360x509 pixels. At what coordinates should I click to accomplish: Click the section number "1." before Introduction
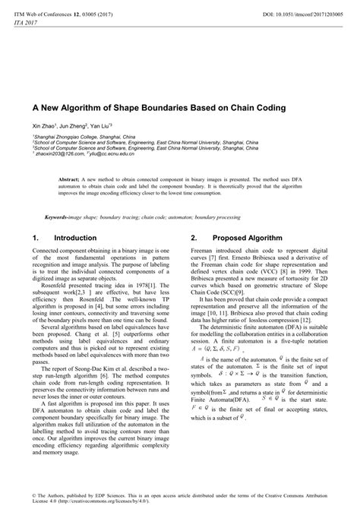coord(36,238)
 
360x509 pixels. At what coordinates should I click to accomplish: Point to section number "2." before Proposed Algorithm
coord(194,238)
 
